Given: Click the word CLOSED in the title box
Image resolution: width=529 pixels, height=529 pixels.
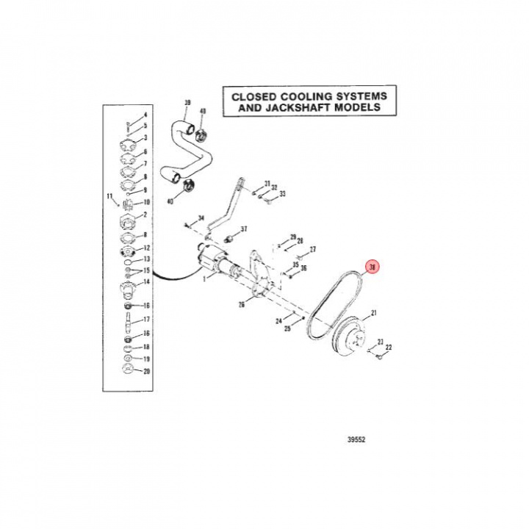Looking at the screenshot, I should [x=256, y=96].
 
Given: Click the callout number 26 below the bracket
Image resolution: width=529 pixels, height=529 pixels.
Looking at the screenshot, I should [x=241, y=305].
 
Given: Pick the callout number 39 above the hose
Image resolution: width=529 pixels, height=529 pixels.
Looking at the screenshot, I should [x=187, y=102].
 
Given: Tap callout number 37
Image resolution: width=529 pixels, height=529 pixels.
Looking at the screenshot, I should [x=244, y=228].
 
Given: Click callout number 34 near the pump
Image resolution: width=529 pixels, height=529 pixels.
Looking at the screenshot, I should [x=201, y=218].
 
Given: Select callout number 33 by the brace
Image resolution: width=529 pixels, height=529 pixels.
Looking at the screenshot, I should [x=281, y=194].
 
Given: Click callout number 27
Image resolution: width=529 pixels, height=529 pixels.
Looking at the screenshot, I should [x=312, y=250].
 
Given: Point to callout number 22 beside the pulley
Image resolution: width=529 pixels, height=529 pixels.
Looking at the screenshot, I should [x=389, y=348].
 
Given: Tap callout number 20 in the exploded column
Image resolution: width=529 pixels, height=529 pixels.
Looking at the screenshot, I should [x=146, y=372].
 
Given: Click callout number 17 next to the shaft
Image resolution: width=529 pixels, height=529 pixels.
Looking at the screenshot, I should [x=146, y=319].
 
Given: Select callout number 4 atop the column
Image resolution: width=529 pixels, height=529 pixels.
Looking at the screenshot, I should [x=145, y=115].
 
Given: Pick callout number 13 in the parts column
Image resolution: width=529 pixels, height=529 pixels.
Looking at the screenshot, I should [x=146, y=259].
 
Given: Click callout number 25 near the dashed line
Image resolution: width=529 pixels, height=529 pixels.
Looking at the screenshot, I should [x=287, y=328].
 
